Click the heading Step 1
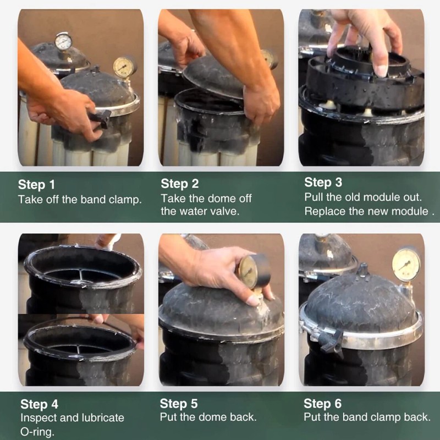(x=36, y=185)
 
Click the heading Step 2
(x=180, y=184)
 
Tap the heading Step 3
(x=323, y=183)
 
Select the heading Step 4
(x=39, y=404)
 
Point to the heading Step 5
(x=179, y=404)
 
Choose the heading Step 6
(x=322, y=404)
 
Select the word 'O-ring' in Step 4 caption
(x=37, y=432)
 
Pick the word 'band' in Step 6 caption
(x=358, y=417)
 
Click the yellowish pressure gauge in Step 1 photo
(x=123, y=67)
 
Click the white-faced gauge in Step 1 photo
(x=63, y=42)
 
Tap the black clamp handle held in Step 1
(x=100, y=118)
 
